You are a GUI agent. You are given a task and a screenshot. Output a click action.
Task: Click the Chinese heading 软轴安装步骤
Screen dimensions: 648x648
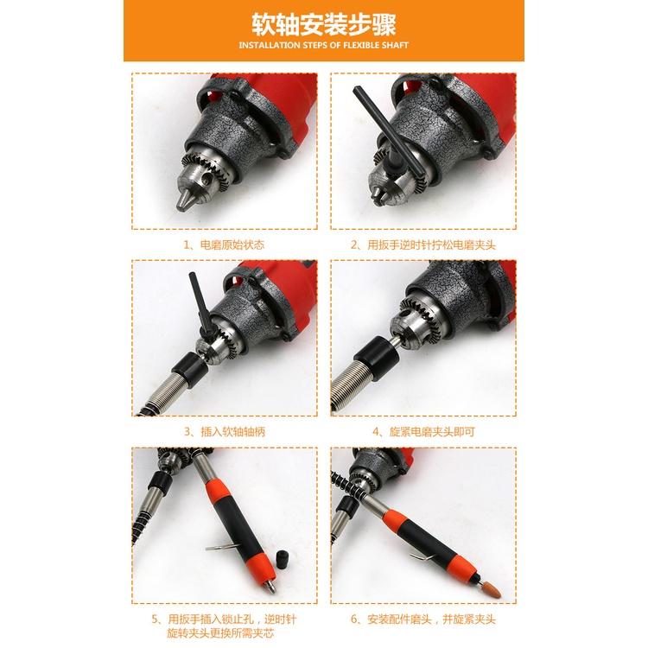(x=323, y=22)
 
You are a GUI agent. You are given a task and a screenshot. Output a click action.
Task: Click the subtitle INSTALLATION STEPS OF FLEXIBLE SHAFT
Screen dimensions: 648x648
(x=323, y=44)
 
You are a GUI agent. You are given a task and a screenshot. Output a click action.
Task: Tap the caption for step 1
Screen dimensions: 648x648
(x=224, y=245)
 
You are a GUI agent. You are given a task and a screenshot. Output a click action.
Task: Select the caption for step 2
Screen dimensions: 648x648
(x=423, y=245)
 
